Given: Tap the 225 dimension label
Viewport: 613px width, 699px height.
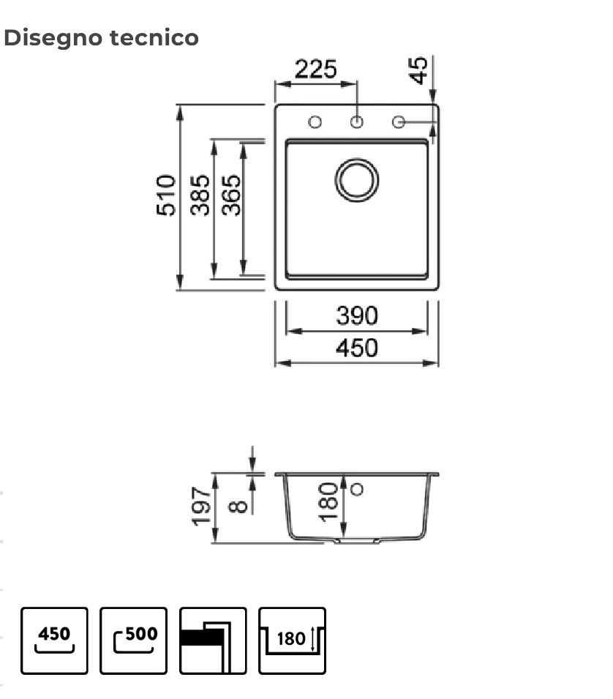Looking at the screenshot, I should tap(315, 70).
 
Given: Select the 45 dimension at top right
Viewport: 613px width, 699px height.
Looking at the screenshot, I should tap(418, 70).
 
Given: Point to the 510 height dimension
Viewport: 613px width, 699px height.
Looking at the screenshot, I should tap(167, 195).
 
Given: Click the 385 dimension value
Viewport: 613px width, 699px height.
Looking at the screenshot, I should tap(200, 195).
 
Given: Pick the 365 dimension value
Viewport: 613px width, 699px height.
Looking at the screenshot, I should tap(231, 195).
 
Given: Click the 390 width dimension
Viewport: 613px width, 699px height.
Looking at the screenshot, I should tap(357, 316).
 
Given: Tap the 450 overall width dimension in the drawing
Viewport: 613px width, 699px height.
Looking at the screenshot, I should tap(357, 348).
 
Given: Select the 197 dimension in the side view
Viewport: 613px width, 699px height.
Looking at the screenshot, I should tap(201, 507).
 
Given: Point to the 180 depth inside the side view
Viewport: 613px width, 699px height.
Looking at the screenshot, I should tap(329, 501).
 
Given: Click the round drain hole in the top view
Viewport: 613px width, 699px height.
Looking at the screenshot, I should tap(357, 179).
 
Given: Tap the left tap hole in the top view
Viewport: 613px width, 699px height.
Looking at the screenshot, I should tap(315, 122).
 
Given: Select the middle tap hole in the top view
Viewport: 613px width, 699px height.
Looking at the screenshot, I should tap(357, 122).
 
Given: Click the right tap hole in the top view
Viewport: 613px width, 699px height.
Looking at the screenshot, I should tap(399, 122).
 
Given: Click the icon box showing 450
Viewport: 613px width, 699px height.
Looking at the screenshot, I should tap(54, 640).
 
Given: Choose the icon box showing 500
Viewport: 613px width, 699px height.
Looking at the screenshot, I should tap(133, 640).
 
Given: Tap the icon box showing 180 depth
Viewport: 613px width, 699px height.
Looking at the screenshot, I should tap(292, 640).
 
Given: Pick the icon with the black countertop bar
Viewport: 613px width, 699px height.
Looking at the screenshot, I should tap(213, 640).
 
